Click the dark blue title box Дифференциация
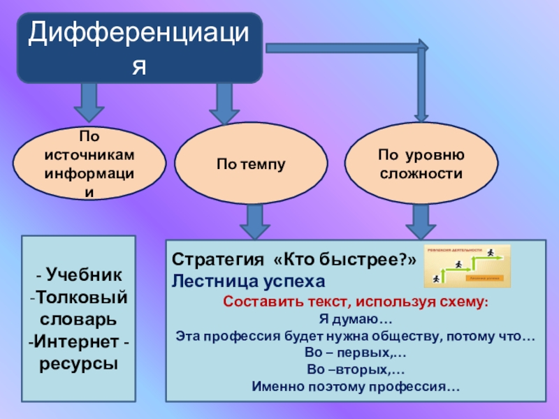tap(140, 47)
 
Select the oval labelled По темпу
tap(251, 163)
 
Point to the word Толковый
tap(81, 299)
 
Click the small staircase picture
tap(467, 265)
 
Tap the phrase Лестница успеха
tap(249, 281)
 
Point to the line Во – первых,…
tap(356, 353)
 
